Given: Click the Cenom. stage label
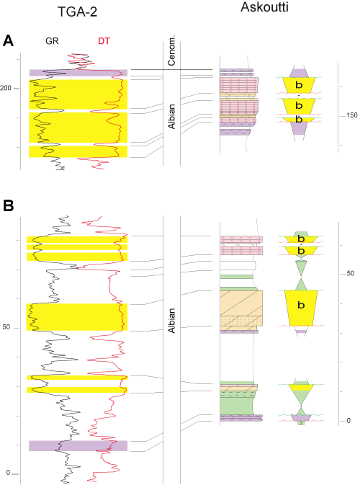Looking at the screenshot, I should [172, 53].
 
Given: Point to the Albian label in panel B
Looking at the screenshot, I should [172, 318].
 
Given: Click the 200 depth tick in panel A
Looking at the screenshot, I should [6, 88].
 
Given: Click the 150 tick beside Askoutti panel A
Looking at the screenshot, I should [351, 115].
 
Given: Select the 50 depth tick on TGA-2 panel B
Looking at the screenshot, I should [6, 327].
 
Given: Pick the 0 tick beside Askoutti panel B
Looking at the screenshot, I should [350, 421].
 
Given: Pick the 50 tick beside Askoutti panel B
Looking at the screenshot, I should [351, 274].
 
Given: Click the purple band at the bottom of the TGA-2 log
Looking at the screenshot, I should [78, 445].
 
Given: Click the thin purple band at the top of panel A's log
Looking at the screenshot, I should [78, 73].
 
